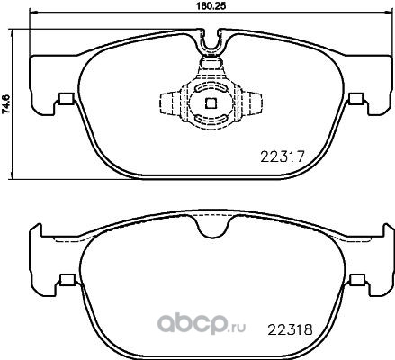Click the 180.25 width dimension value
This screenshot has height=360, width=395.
(211, 6)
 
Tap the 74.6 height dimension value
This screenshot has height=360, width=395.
(6, 103)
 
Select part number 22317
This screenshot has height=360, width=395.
(283, 157)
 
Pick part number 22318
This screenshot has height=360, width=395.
(290, 329)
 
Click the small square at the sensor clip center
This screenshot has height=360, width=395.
(211, 103)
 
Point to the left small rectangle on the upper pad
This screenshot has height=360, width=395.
(67, 99)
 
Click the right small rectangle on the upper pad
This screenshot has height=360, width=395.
(356, 99)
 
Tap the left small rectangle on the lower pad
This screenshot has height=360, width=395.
(67, 279)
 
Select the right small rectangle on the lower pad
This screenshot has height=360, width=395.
(357, 279)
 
